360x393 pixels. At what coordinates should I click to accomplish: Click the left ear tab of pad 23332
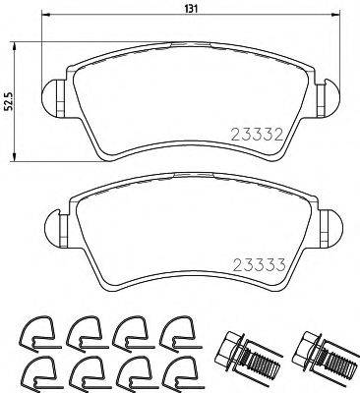coord(55,95)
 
